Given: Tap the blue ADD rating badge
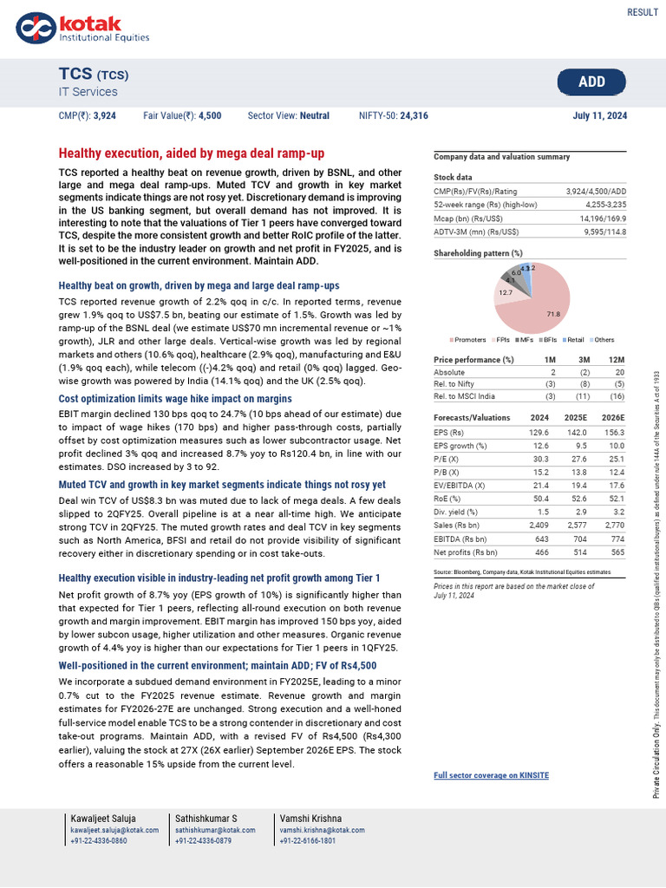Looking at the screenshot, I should tap(591, 82).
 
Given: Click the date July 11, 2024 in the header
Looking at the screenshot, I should tap(600, 115).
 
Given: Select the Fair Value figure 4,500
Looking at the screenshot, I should tap(210, 115).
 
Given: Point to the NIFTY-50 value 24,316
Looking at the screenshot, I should tap(414, 115).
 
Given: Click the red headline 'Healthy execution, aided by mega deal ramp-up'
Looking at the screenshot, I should tap(191, 153).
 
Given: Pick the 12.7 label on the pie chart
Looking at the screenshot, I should tap(506, 293).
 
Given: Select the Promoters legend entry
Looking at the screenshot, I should tap(470, 339).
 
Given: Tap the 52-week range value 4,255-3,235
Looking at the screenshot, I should tap(597, 205).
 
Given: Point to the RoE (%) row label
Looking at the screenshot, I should tap(449, 499).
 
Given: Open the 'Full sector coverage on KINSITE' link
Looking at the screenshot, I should tap(491, 775).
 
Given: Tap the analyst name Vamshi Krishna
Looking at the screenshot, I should tap(310, 819).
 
